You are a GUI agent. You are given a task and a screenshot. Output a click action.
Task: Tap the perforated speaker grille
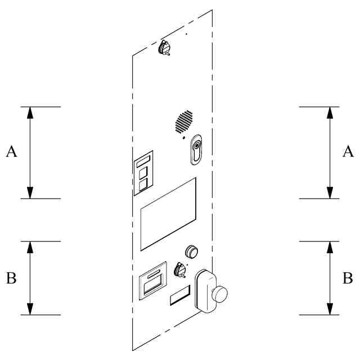pos(183,121)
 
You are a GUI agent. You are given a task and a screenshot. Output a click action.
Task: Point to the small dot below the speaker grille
pos(183,137)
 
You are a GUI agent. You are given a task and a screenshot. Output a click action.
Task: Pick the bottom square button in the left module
pos(143,183)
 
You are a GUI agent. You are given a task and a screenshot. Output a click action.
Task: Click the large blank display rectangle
pos(168,214)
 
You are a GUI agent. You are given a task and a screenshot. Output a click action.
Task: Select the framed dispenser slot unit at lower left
pos(153,280)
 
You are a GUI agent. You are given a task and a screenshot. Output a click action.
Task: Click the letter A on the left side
pos(12,151)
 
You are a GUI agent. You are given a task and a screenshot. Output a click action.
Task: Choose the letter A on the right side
pos(348,151)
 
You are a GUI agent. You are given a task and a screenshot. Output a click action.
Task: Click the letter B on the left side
pos(11,278)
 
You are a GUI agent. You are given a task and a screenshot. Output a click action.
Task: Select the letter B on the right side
pos(348,278)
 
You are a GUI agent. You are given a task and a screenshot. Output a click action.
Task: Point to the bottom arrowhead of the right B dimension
pos(330,310)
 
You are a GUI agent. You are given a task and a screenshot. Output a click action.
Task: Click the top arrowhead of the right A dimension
pos(330,111)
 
